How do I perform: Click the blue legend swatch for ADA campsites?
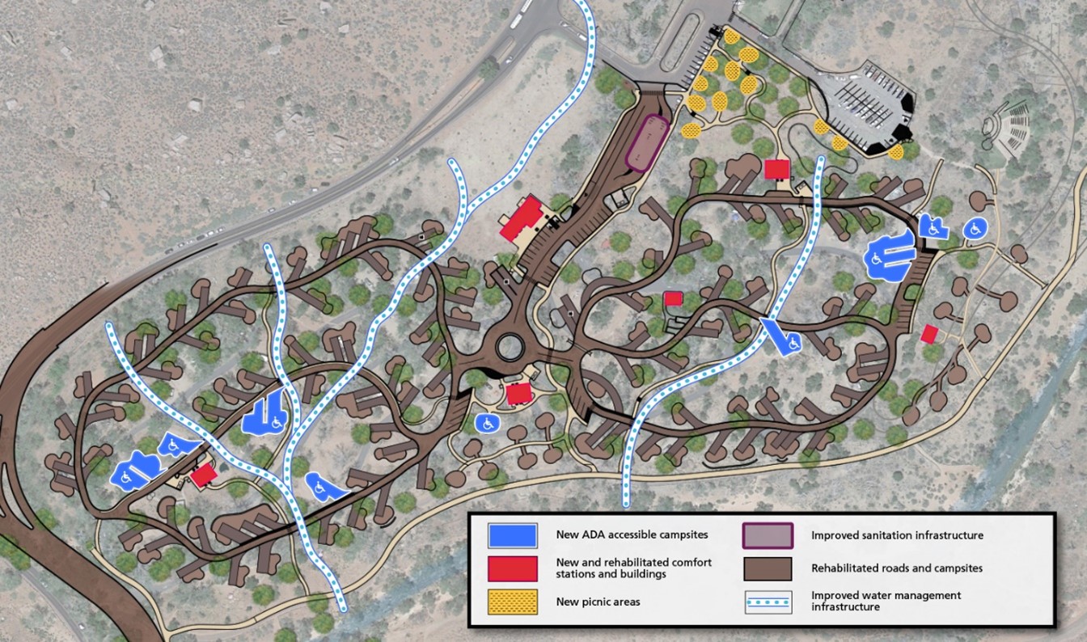point(512,534)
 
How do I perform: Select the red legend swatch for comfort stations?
point(512,568)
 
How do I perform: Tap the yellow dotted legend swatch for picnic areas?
point(512,601)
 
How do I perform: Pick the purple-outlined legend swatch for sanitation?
point(767,535)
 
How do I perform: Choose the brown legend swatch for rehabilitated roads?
point(767,568)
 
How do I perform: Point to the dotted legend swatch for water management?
point(767,602)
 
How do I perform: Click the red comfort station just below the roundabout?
point(518,394)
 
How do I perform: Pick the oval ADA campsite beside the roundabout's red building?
point(487,422)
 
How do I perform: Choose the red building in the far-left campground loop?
point(202,475)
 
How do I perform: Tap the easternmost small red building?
point(929,333)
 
